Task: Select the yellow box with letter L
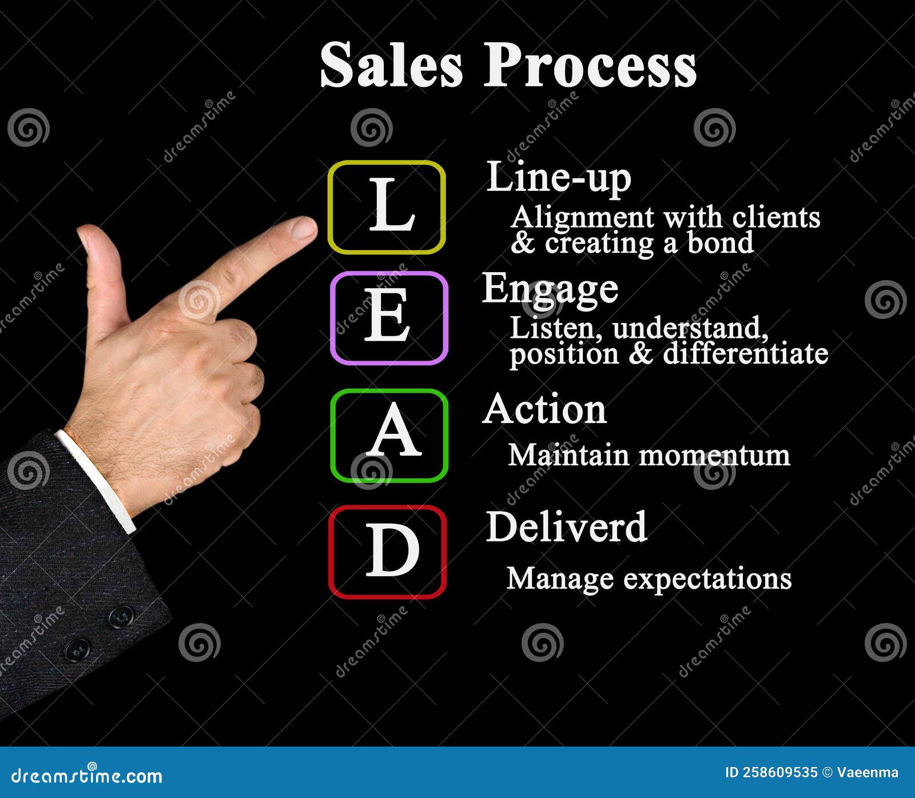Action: click(387, 207)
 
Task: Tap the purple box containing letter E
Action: click(389, 318)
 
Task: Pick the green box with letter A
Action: click(389, 436)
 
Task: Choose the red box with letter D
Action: click(387, 552)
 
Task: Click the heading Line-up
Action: click(559, 178)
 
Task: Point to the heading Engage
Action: click(550, 289)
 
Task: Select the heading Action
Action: click(544, 410)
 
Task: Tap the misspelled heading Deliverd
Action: click(566, 526)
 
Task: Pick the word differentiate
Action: click(746, 353)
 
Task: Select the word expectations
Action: click(707, 578)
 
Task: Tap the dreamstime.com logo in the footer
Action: click(87, 775)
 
